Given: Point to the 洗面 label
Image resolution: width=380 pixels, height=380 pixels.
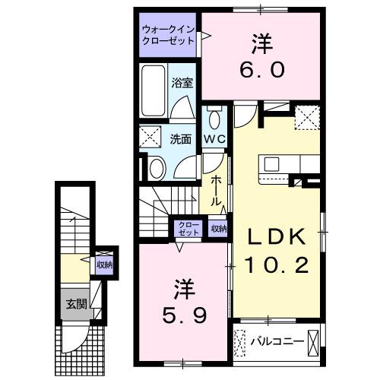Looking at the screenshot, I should pyautogui.click(x=179, y=139).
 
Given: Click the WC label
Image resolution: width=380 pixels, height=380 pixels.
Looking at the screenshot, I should pyautogui.click(x=214, y=139).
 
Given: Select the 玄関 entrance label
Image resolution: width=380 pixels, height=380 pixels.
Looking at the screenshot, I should pyautogui.click(x=76, y=305).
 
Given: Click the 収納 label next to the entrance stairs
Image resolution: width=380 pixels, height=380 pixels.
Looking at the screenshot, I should pyautogui.click(x=104, y=264).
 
